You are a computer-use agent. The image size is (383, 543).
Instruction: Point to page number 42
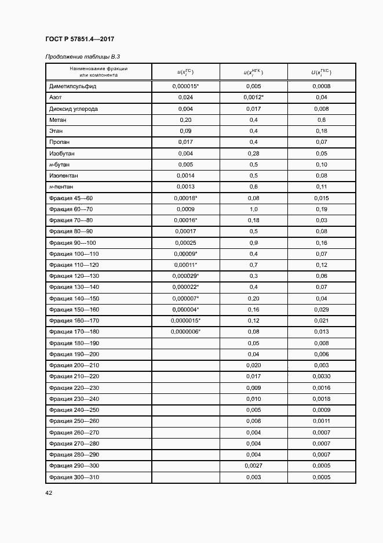click(x=49, y=493)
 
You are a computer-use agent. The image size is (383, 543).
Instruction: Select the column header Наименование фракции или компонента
click(x=99, y=72)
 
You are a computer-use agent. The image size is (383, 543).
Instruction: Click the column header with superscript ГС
click(x=185, y=72)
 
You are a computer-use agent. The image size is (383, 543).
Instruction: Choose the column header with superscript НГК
click(x=253, y=72)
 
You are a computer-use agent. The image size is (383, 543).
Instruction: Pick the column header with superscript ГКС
click(x=322, y=72)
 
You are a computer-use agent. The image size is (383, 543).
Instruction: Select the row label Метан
click(x=58, y=120)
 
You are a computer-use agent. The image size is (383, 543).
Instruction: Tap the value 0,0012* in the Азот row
click(x=254, y=97)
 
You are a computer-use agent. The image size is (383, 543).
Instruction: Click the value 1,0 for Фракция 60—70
click(x=253, y=209)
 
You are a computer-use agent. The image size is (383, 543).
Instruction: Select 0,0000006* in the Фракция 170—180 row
click(x=185, y=331)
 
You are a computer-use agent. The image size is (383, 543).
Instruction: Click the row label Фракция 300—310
click(x=74, y=477)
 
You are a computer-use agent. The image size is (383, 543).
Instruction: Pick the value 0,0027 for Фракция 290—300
click(x=253, y=466)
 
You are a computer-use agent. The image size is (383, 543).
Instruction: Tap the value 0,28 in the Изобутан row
click(x=253, y=154)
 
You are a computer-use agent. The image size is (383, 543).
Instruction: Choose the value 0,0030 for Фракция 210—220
click(x=322, y=377)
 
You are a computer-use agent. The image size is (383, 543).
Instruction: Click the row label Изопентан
click(x=64, y=175)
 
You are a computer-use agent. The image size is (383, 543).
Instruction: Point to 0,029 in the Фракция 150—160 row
click(x=322, y=309)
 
